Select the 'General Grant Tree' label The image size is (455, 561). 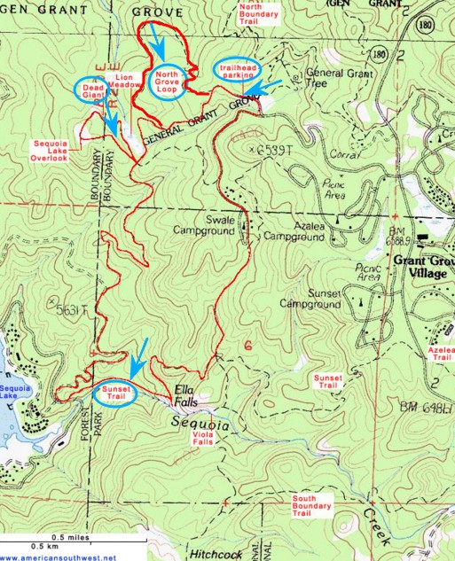click(333, 80)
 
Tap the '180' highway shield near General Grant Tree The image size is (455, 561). click(380, 55)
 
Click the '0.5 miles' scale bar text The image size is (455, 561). click(70, 538)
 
